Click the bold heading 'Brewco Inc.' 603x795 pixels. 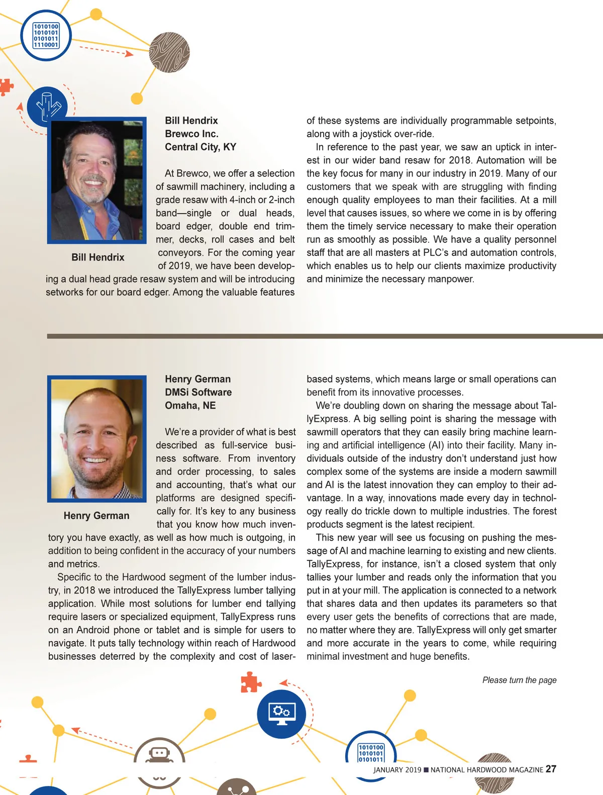coord(191,134)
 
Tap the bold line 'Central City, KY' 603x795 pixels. coord(200,147)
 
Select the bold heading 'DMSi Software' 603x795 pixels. coord(198,392)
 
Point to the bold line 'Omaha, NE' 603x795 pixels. coord(190,405)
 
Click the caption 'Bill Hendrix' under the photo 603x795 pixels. coord(97,257)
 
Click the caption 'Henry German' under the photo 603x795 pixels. coord(96,516)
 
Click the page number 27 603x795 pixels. coord(551,769)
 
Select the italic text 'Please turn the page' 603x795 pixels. coord(519,680)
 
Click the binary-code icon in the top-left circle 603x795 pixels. coord(46,35)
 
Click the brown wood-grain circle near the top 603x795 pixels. coord(169,53)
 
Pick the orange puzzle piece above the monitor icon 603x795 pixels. coord(250,682)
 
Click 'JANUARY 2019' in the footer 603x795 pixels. coord(397,770)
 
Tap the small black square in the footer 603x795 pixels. coord(426,770)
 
